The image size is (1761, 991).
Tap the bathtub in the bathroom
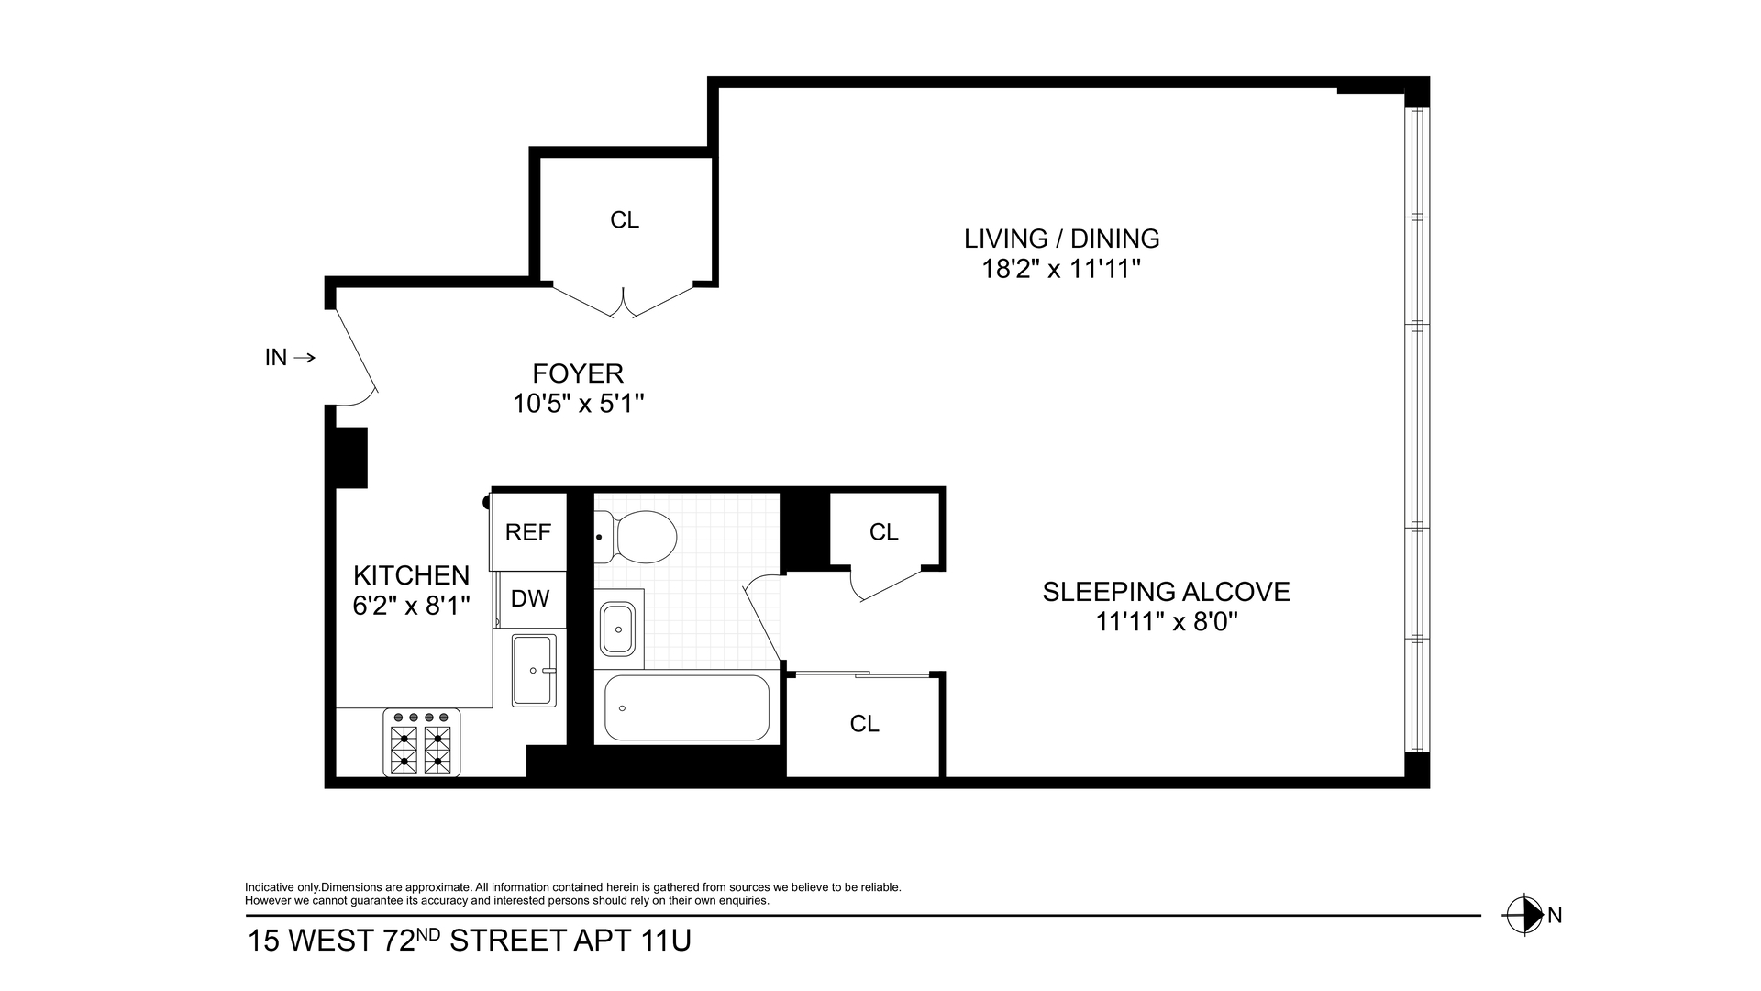(687, 708)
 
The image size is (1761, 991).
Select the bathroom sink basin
(618, 629)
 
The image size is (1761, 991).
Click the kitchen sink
(534, 670)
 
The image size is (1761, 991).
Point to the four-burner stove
(422, 743)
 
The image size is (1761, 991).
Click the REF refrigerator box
(528, 532)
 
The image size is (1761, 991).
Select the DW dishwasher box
(530, 599)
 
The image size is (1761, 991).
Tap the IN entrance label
(276, 358)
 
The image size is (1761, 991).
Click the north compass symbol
(1523, 915)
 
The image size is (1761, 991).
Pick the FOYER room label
(578, 373)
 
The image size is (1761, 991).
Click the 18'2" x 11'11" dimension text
(1061, 269)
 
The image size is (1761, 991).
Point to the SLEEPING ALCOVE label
(1166, 592)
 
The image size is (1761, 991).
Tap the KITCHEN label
(411, 575)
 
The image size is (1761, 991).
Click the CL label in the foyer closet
(625, 220)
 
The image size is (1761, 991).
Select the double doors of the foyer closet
(624, 302)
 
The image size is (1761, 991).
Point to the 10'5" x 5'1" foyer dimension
(578, 404)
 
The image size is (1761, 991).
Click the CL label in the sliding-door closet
(864, 724)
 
